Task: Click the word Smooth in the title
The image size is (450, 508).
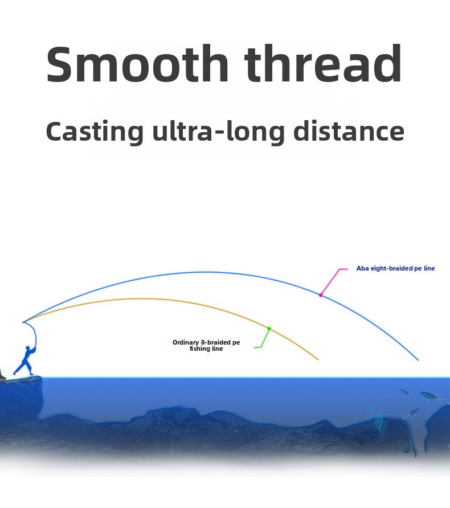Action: click(137, 64)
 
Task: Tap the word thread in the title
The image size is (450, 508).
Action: click(324, 64)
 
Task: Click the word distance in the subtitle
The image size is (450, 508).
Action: click(349, 130)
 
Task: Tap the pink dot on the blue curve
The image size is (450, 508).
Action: click(320, 295)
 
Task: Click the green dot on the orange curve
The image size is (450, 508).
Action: click(269, 329)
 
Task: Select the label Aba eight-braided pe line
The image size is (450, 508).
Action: click(395, 268)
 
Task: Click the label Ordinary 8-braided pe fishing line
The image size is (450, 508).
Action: click(206, 345)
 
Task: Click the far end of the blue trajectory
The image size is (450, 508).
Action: click(418, 360)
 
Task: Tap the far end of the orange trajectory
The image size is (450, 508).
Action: click(318, 359)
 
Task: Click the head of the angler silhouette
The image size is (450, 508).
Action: click(28, 349)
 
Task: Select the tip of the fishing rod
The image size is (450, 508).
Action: click(23, 322)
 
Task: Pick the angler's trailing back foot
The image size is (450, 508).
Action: click(15, 373)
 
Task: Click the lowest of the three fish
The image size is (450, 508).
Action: click(413, 413)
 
